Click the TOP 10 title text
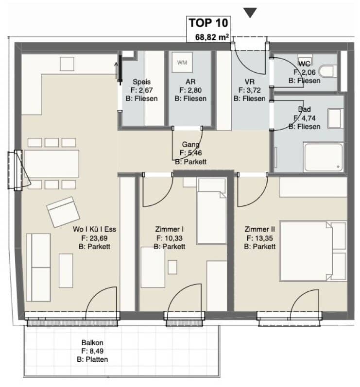click(x=208, y=23)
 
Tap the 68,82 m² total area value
click(x=212, y=37)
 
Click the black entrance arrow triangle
click(x=250, y=13)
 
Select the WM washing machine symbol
click(x=182, y=63)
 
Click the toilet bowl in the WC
click(x=328, y=71)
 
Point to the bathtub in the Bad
click(x=324, y=157)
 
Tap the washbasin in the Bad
click(x=335, y=118)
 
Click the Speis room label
click(x=141, y=82)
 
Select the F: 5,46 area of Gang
click(x=190, y=153)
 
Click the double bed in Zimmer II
click(x=313, y=252)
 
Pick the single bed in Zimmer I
click(x=212, y=211)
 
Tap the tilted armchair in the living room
click(x=63, y=212)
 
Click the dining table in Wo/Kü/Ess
click(x=51, y=163)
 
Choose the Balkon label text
click(x=92, y=343)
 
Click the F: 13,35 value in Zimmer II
click(x=259, y=238)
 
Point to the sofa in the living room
click(x=38, y=268)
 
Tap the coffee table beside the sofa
click(x=66, y=270)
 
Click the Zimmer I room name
click(x=170, y=229)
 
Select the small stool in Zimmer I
click(x=172, y=267)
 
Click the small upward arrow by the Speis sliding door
click(x=116, y=70)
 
